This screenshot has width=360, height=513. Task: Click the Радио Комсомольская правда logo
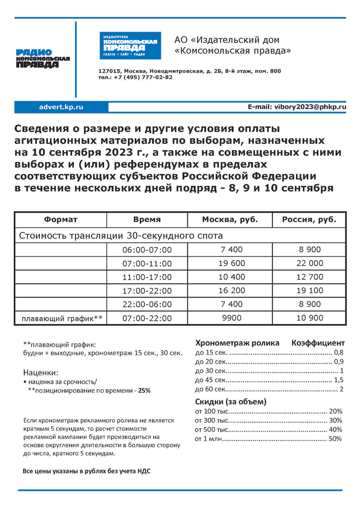click(43, 59)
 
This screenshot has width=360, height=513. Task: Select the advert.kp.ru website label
click(61, 107)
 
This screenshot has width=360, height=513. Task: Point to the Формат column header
click(61, 220)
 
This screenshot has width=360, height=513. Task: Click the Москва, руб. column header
click(230, 220)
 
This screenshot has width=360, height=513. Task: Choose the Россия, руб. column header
click(309, 220)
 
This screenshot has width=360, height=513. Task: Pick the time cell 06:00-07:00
click(147, 250)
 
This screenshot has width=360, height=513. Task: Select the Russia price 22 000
click(310, 263)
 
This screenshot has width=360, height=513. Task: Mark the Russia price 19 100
click(310, 291)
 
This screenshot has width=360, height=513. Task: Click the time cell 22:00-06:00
click(147, 304)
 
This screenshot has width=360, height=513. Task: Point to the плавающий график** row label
click(62, 319)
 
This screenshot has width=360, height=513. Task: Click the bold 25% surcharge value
click(144, 390)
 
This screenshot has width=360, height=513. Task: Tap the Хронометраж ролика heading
click(237, 343)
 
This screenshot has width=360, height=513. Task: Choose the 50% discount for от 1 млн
click(335, 439)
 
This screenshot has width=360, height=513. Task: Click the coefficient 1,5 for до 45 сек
click(338, 380)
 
